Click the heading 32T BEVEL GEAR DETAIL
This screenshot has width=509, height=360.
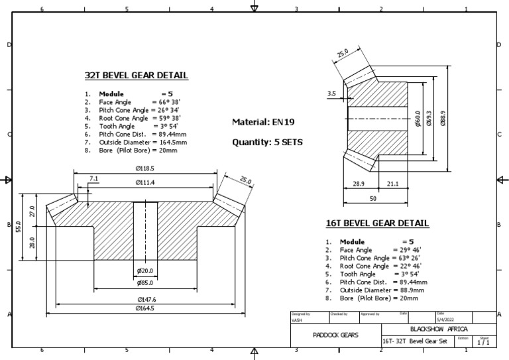(137, 76)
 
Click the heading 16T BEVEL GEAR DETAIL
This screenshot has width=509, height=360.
(377, 223)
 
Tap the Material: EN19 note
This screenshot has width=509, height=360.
(262, 122)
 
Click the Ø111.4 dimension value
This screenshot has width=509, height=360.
(145, 182)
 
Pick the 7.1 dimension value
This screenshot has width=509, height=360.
(93, 179)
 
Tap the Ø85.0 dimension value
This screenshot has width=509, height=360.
(145, 284)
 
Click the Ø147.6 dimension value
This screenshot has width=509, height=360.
(145, 300)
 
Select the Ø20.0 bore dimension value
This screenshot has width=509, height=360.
(145, 271)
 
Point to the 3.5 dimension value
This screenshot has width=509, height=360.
(332, 94)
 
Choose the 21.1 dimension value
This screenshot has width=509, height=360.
(392, 183)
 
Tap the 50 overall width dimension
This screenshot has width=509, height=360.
(372, 198)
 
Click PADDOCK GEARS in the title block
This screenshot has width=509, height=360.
(335, 335)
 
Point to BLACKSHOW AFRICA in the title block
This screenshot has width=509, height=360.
(439, 329)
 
